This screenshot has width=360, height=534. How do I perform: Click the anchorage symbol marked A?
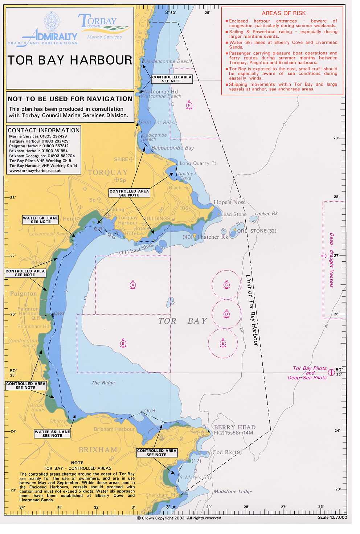[133, 285]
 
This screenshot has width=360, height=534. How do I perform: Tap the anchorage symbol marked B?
[123, 344]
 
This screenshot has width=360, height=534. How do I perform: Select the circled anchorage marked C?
[226, 285]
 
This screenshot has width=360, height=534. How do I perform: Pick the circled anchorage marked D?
[226, 314]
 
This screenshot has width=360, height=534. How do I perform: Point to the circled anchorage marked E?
[223, 343]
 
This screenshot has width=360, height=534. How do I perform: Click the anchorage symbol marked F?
[189, 106]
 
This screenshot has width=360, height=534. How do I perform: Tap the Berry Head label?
[234, 427]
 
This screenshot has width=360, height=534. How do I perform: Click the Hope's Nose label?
[229, 202]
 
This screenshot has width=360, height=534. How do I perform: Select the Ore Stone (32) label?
[257, 231]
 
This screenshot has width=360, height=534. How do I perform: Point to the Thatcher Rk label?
[212, 237]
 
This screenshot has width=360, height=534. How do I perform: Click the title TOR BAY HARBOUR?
[70, 60]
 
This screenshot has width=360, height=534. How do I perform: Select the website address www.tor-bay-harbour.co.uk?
[35, 171]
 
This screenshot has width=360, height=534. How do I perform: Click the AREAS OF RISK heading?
[283, 13]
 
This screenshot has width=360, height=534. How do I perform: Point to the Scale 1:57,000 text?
[332, 517]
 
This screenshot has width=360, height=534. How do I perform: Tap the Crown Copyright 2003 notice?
[179, 518]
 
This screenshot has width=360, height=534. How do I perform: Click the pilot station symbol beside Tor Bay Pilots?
[331, 372]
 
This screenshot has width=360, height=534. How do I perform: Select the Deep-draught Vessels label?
[331, 260]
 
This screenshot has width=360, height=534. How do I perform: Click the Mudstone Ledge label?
[233, 491]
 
